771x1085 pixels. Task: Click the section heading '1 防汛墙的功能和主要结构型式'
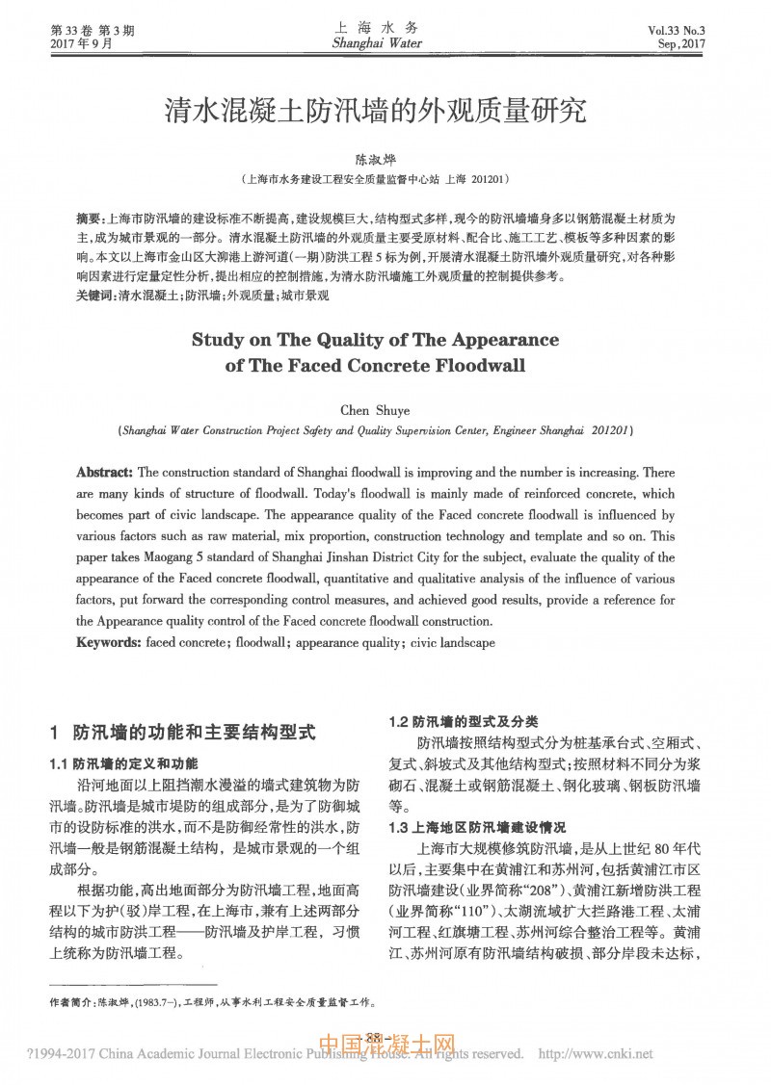point(182,732)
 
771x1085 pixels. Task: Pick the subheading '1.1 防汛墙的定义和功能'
point(123,763)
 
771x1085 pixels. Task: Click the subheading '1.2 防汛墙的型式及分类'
point(463,721)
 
